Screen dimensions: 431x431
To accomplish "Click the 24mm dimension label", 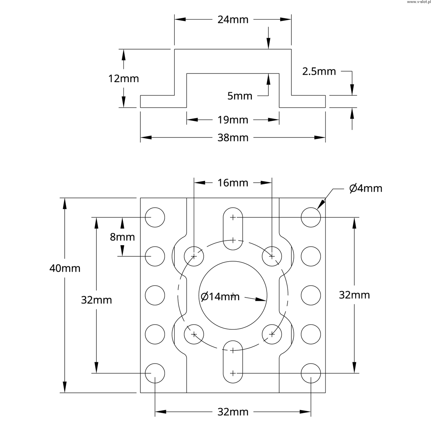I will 233,20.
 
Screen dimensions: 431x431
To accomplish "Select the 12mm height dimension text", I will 124,79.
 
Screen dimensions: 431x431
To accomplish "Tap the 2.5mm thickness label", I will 319,71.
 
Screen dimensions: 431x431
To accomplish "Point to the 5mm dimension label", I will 240,96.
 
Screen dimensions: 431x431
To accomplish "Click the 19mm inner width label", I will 233,120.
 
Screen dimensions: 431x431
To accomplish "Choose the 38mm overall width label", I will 233,138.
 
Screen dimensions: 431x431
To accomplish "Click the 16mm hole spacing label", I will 233,183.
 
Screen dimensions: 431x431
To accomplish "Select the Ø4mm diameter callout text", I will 366,188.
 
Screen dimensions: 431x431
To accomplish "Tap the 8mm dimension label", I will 122,237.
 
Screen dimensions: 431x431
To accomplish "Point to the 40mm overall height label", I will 65,268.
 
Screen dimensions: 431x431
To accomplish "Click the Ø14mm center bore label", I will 220,297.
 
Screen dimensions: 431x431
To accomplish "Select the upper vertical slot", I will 233,229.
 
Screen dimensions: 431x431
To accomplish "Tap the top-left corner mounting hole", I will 155,217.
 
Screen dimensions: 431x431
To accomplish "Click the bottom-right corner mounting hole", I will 311,373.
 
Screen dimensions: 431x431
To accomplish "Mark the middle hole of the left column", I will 155,295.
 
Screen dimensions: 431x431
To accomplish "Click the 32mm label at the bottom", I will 233,412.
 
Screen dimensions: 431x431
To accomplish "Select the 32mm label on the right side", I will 354,295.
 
